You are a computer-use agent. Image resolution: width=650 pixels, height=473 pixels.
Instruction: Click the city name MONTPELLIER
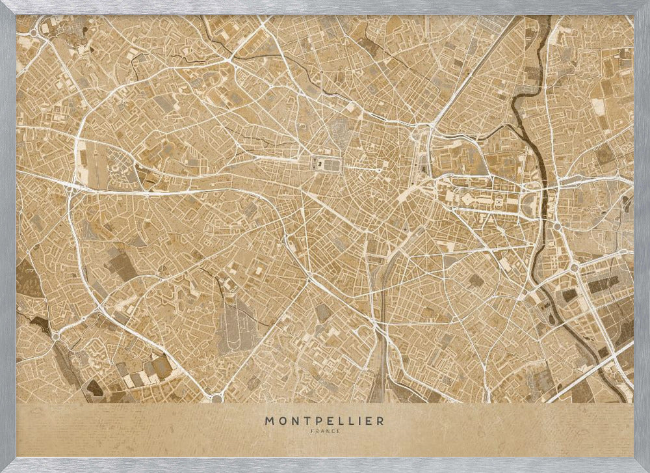pos(324,421)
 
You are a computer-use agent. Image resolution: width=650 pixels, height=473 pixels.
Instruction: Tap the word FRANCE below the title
pos(324,431)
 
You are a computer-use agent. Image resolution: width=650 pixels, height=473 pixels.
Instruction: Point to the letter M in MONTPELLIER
pos(269,421)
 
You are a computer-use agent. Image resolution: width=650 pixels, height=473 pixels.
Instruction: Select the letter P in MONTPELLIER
pos(314,421)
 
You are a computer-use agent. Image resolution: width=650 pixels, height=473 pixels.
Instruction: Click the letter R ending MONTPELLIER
pos(380,421)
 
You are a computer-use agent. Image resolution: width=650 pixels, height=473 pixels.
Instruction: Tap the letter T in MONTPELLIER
pos(304,421)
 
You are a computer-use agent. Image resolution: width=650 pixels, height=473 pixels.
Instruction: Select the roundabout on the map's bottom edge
pos(216,398)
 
